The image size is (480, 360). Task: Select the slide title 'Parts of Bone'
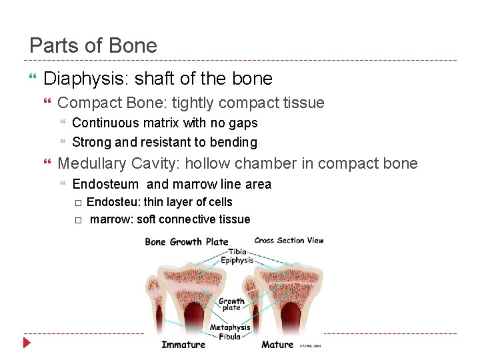tap(93, 46)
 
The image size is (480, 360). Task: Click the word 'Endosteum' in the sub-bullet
tap(105, 185)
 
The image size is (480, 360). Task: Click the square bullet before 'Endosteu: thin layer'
tap(77, 203)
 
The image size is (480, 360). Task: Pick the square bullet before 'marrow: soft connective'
tap(77, 220)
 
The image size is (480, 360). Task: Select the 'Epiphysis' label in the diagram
tap(237, 261)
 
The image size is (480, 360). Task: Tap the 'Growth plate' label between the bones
tap(231, 305)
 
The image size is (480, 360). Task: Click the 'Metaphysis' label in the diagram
tap(230, 327)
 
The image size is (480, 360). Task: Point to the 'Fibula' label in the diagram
tap(229, 337)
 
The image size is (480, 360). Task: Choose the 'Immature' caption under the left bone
tap(183, 345)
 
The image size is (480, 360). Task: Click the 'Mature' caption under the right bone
tap(277, 345)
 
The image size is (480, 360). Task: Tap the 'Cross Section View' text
tap(289, 240)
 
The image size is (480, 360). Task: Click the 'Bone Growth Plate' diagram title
tap(187, 241)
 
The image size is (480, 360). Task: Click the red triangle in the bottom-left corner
tap(27, 344)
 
